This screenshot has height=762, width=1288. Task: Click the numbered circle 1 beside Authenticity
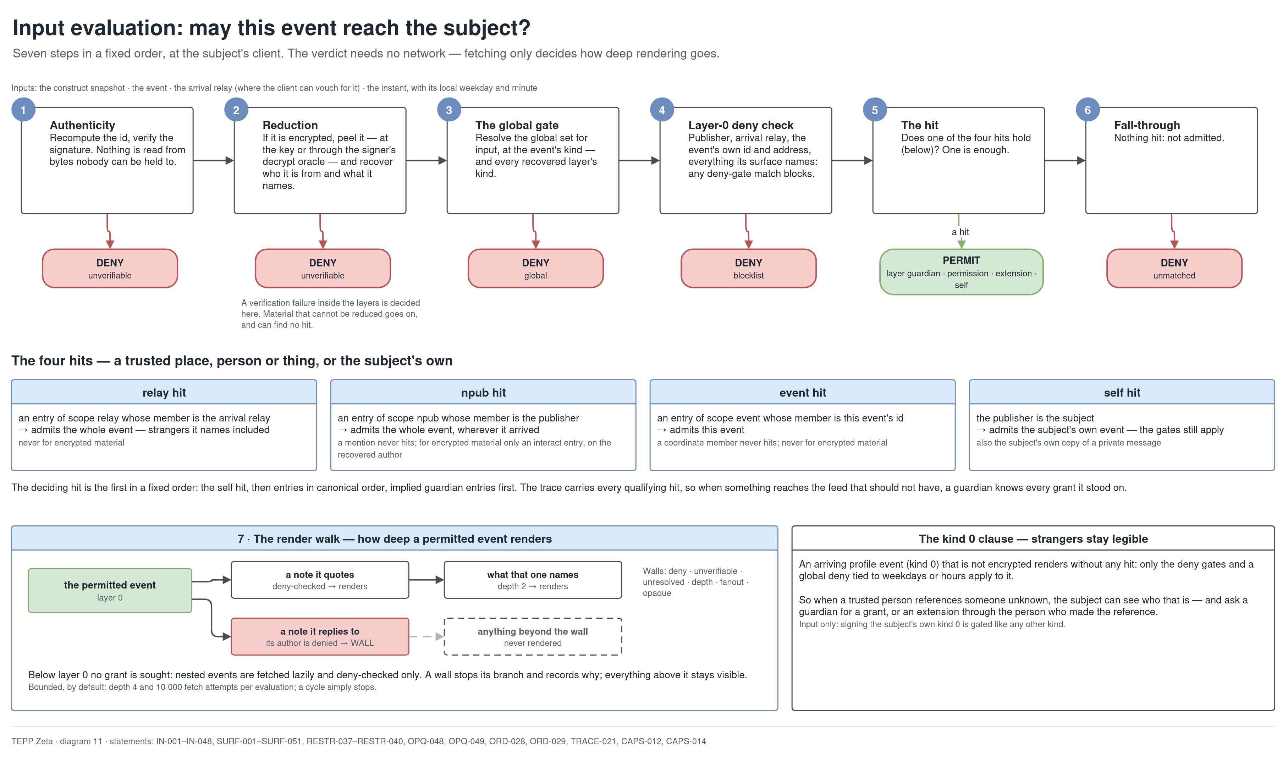click(x=23, y=110)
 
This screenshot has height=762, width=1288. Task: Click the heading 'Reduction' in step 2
click(x=290, y=125)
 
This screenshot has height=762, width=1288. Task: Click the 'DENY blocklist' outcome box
click(x=748, y=269)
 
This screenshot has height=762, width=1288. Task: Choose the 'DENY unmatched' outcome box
click(x=1174, y=269)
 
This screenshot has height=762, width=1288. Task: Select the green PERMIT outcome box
click(x=961, y=272)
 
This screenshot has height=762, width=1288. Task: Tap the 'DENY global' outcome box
click(x=536, y=269)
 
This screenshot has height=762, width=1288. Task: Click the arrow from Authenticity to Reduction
click(x=214, y=161)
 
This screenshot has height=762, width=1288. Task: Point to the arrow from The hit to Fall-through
click(x=1065, y=161)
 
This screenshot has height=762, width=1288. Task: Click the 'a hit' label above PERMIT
click(x=961, y=232)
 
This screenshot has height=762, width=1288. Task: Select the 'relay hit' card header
click(x=164, y=392)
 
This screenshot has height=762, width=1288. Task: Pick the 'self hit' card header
click(x=1122, y=392)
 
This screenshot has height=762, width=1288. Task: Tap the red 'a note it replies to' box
click(x=320, y=637)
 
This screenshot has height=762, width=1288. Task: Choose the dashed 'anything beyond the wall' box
click(x=533, y=637)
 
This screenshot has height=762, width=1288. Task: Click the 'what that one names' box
click(x=533, y=580)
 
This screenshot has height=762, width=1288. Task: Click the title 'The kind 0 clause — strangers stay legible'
click(x=1033, y=539)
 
